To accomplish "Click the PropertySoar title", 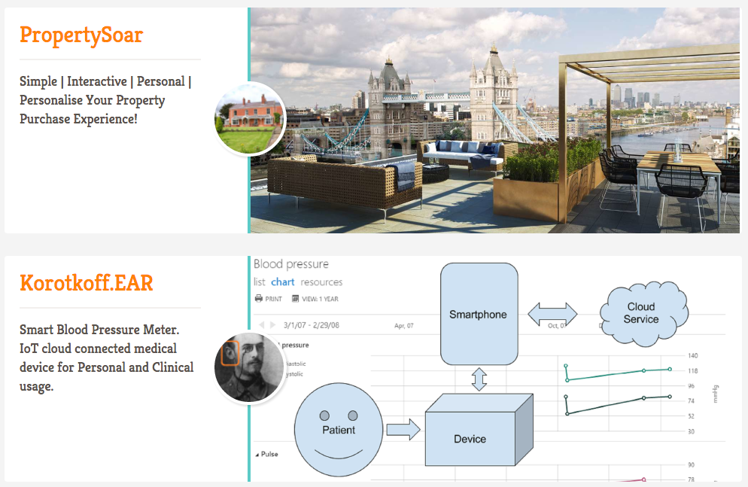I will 81,35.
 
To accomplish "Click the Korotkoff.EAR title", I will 87,283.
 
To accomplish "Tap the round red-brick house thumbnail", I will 250,119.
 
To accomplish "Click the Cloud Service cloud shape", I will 641,313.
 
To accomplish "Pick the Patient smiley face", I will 339,429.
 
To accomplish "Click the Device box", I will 470,439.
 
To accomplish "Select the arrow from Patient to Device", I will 403,430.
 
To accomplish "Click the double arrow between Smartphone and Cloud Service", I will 553,314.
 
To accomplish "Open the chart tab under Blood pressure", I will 283,282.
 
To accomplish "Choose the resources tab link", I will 321,282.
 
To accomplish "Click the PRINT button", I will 269,299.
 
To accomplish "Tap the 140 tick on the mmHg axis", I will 692,355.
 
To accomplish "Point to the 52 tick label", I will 691,416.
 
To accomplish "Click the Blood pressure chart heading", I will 291,264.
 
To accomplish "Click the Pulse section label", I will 267,454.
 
